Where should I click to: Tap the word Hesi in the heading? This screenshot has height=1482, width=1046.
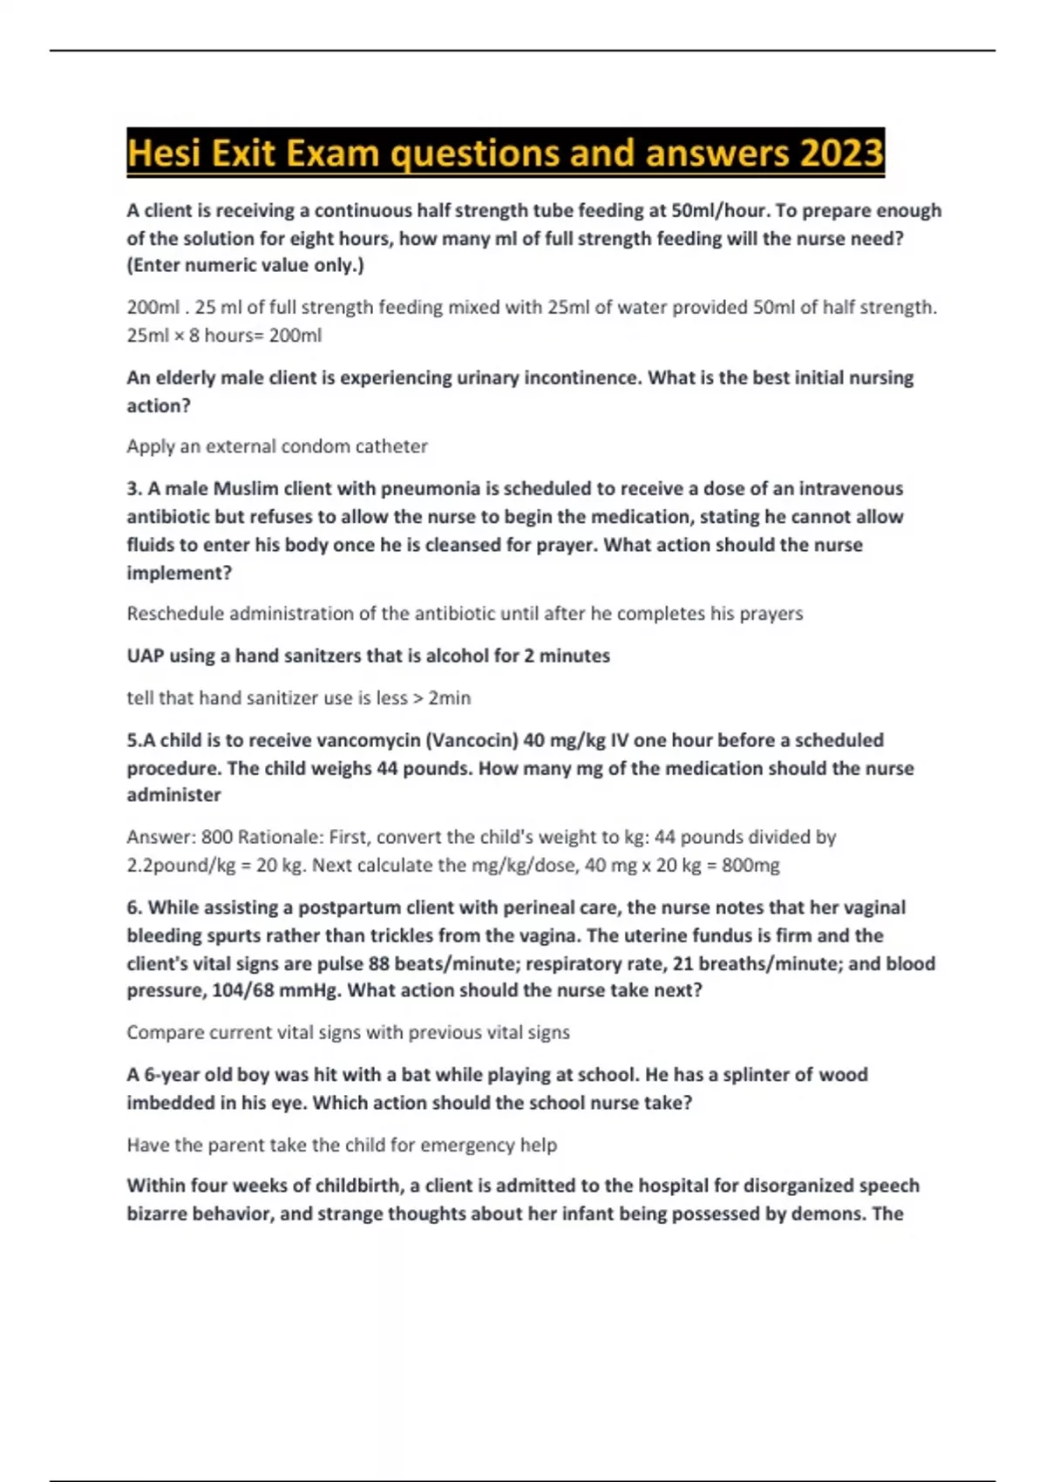click(x=164, y=153)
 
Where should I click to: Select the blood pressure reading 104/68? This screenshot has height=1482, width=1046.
click(x=241, y=991)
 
